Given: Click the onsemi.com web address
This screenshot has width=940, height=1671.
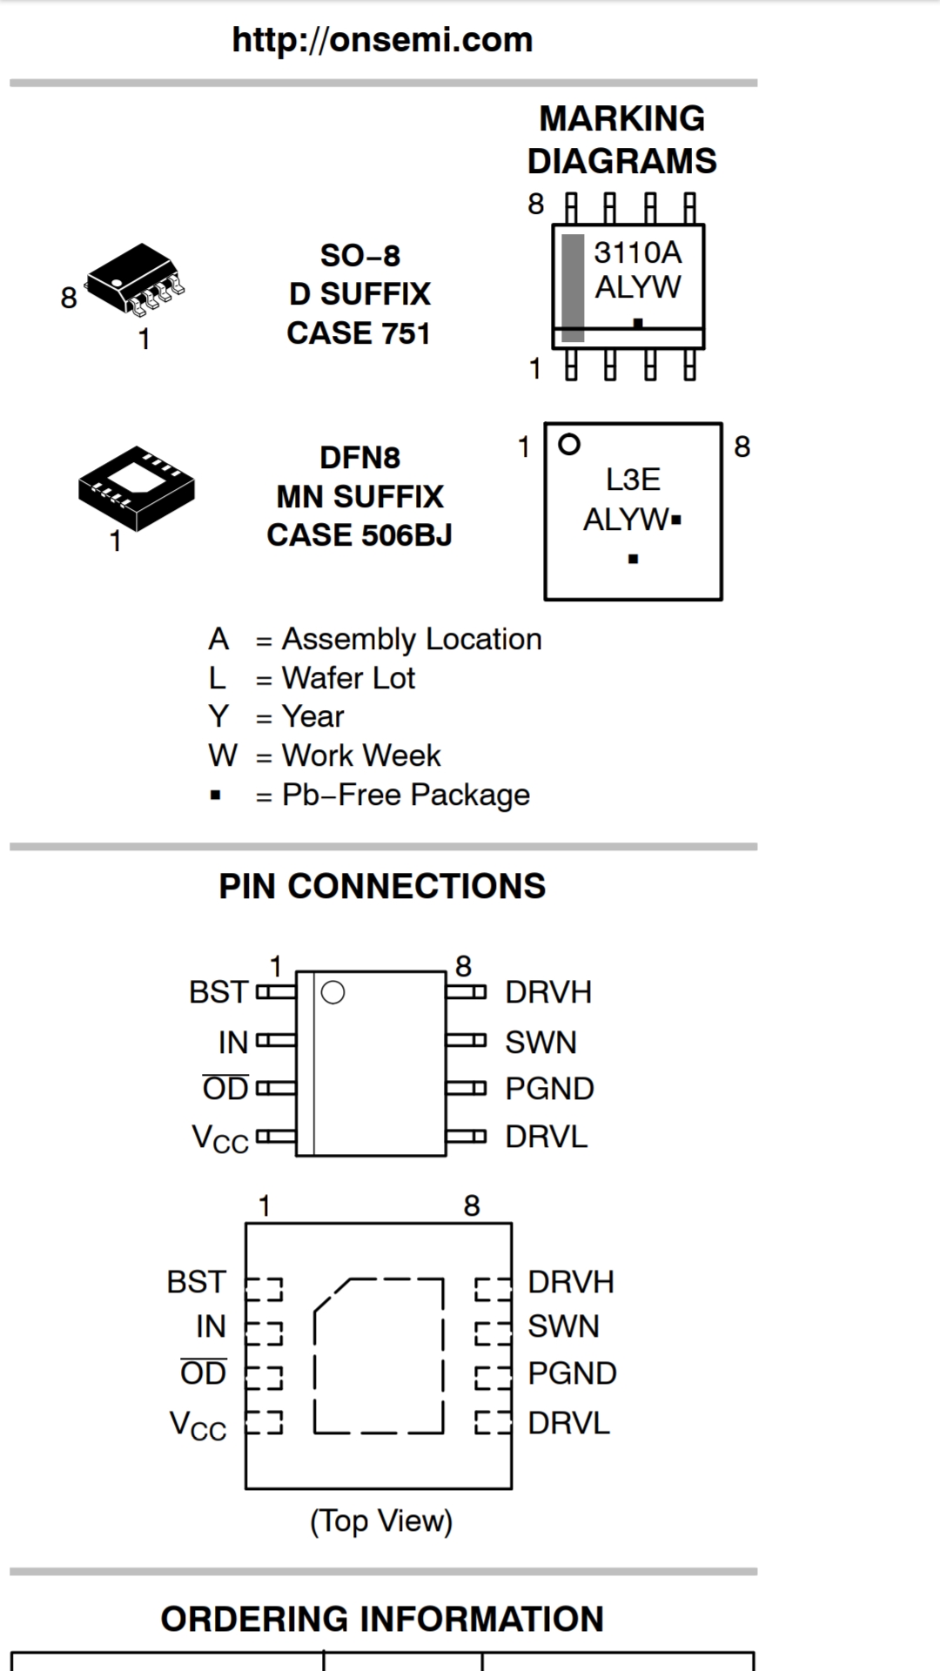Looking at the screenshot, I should click(382, 40).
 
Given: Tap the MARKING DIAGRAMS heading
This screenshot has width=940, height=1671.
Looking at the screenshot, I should click(621, 139).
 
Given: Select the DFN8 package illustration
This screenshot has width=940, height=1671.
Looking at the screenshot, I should click(136, 487).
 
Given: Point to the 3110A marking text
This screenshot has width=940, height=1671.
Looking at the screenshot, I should click(637, 252).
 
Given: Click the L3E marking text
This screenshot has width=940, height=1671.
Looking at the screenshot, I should click(633, 480).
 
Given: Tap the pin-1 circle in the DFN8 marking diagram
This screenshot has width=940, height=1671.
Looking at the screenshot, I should click(569, 445).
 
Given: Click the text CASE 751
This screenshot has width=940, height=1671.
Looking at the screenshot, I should click(359, 333).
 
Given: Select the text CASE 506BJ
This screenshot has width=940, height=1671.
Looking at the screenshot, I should click(359, 535).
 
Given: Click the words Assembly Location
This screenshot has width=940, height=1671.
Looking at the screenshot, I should click(411, 639).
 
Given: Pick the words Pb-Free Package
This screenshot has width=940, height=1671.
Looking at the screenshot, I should click(406, 795).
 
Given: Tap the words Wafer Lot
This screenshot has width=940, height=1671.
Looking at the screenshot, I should click(348, 678).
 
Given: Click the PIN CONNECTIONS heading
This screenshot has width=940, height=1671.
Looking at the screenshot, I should click(382, 886).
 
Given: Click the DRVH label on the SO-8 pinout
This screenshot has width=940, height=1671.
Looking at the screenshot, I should click(548, 992).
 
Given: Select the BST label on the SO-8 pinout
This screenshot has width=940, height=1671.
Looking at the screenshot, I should click(218, 992).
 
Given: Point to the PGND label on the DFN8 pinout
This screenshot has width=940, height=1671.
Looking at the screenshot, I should click(572, 1373).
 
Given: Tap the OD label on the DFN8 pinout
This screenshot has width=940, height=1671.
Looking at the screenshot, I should click(203, 1373).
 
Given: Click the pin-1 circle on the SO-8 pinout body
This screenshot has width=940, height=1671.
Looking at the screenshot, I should click(332, 992).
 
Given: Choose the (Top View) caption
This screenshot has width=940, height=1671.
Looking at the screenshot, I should click(381, 1521).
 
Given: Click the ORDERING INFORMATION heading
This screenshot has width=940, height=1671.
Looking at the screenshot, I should click(382, 1620).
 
